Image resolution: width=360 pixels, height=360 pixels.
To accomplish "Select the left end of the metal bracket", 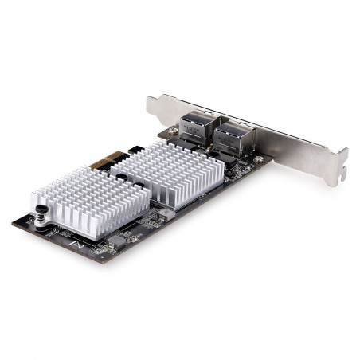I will tap(151, 103).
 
